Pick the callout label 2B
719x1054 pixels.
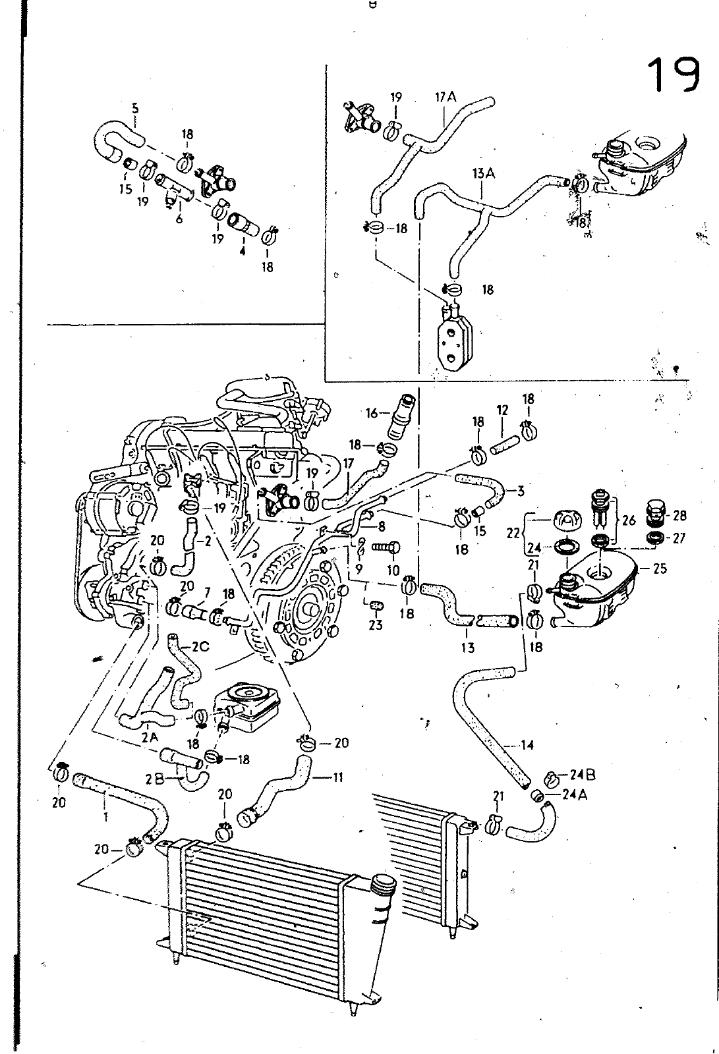(x=155, y=780)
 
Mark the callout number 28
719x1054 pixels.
(x=679, y=516)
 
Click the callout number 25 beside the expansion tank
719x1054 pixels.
(x=660, y=568)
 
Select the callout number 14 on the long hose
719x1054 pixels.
(x=527, y=746)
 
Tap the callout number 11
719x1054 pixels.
(x=337, y=777)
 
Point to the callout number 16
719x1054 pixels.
(x=372, y=413)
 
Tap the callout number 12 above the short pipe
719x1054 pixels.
(x=503, y=410)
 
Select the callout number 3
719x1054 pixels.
(x=520, y=490)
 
